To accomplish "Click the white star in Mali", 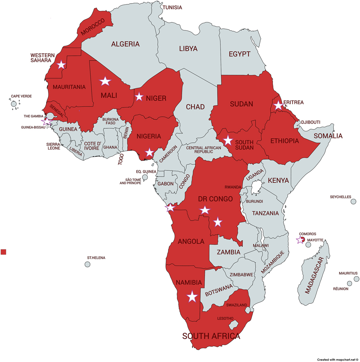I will (105, 81).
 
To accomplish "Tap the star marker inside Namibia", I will (192, 297).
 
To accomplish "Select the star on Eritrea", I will (278, 106).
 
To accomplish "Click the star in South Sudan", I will (228, 140).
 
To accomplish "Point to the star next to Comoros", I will (300, 240).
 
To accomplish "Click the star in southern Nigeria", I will (149, 152).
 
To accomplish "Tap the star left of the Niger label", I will (139, 97).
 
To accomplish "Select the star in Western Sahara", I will (61, 65).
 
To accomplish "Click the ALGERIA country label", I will (125, 44).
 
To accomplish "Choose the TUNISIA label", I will (172, 8).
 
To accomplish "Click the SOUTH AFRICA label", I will (211, 336).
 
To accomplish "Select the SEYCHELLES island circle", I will (353, 202).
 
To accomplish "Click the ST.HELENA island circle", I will (87, 264).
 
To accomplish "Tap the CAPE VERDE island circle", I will (14, 104).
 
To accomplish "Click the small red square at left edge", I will (4, 252).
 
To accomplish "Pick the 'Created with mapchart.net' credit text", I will (337, 360).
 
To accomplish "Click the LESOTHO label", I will (226, 319).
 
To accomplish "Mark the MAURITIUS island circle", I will (356, 279).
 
